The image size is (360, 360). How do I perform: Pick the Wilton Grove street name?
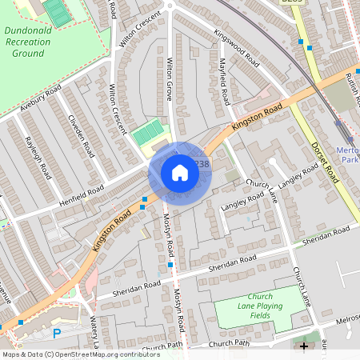(x=169, y=78)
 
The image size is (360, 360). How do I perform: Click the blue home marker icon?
(x=180, y=173)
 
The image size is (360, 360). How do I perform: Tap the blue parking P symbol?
(x=56, y=334)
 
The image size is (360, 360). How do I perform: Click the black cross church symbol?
(x=303, y=346)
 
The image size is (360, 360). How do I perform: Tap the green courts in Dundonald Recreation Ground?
(x=57, y=13)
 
